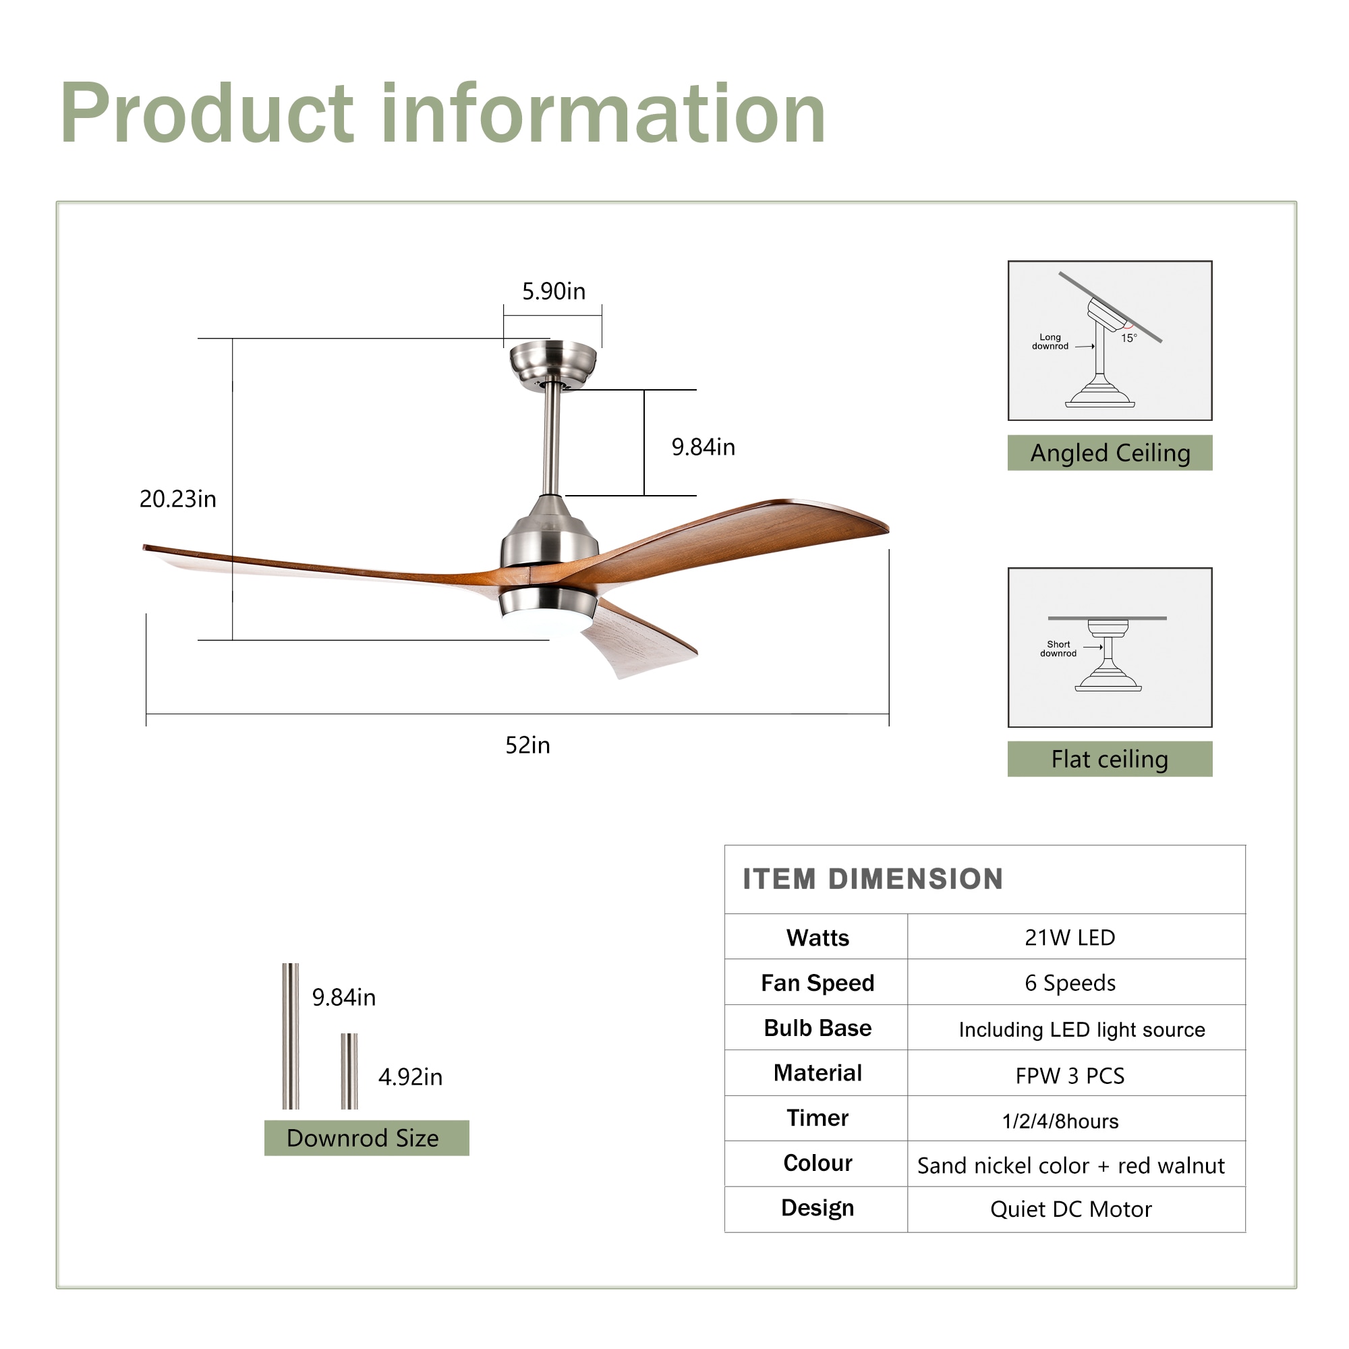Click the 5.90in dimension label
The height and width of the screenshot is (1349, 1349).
(554, 291)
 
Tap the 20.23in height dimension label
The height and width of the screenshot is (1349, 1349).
(177, 498)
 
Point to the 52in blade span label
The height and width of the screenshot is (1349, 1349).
(527, 745)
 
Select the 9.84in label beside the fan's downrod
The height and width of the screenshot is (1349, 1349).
(702, 447)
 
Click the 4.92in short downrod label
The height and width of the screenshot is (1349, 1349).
(410, 1077)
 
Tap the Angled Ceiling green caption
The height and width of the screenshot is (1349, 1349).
(1110, 453)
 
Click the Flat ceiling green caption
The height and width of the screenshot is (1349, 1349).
(1110, 759)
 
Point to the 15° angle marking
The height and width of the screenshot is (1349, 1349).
(1128, 338)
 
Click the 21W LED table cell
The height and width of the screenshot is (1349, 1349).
(1070, 937)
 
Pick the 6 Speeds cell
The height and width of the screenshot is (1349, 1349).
(1070, 983)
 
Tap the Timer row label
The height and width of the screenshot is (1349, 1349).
(817, 1118)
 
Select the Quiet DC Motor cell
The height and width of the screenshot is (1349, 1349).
(1070, 1209)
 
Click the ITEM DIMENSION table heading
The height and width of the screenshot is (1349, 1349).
(873, 879)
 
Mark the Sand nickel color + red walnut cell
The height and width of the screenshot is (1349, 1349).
(1070, 1166)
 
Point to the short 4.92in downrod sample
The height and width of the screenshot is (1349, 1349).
(349, 1071)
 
